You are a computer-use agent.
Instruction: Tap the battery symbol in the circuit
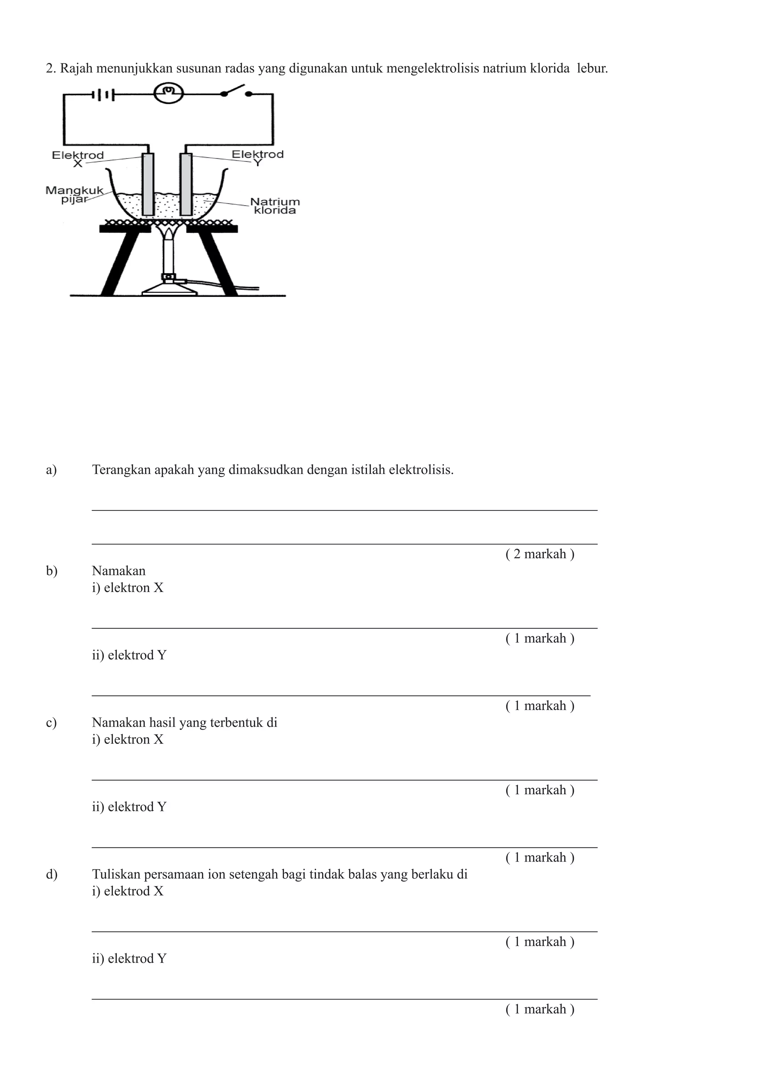104,95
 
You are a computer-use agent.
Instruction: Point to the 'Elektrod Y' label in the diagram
258,158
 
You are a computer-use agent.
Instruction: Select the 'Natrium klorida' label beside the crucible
275,206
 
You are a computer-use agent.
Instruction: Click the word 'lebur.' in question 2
593,68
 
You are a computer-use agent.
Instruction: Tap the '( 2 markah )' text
540,554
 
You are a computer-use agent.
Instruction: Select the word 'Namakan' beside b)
118,571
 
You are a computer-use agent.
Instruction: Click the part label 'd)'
52,874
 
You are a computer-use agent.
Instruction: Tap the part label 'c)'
52,722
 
